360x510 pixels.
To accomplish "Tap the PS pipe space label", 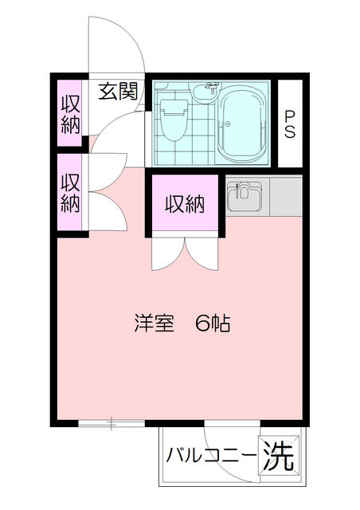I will coord(290,124).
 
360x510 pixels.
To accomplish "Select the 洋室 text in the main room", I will coord(154,324).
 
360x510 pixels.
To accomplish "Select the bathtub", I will coord(245,124).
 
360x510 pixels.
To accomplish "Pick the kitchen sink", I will coord(245,197).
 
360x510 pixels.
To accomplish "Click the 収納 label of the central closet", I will coord(185,205).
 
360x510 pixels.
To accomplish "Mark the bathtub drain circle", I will coord(228,124).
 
